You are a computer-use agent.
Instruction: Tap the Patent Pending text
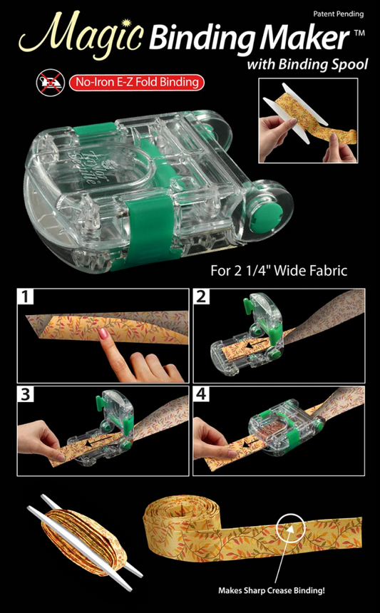click(338, 14)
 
